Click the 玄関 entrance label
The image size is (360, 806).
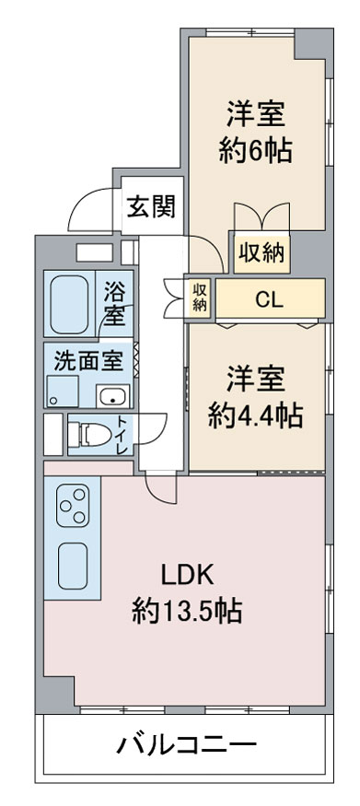pos(151,206)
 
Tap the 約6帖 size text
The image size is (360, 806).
pos(256,149)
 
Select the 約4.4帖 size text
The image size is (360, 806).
pos(255,416)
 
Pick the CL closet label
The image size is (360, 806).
pos(269,298)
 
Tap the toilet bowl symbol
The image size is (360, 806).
pos(90,433)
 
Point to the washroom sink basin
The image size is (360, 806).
pos(114,397)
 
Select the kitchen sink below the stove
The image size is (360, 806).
pos(71,564)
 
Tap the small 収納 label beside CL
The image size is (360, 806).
pos(200,298)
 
